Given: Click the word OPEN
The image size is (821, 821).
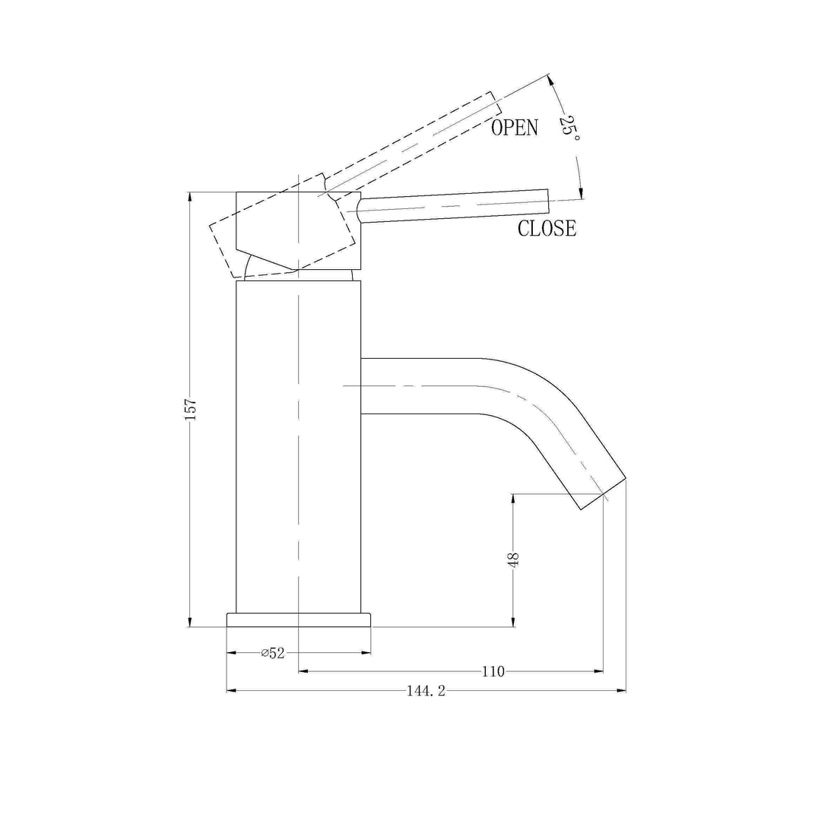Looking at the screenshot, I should (x=514, y=128).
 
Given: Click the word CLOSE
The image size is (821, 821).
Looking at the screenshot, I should (x=547, y=227).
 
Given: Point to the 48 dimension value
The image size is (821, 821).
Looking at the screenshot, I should (x=514, y=561).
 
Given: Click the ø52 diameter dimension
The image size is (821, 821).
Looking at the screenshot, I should (x=272, y=653).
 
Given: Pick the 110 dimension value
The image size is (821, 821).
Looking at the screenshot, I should (x=493, y=671).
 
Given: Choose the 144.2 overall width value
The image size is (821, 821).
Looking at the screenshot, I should (x=426, y=691).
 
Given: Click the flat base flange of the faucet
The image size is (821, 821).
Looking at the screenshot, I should (x=299, y=620).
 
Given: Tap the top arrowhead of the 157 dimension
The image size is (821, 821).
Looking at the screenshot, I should (x=190, y=197).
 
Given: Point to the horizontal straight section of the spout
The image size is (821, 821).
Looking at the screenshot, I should (x=418, y=386).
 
